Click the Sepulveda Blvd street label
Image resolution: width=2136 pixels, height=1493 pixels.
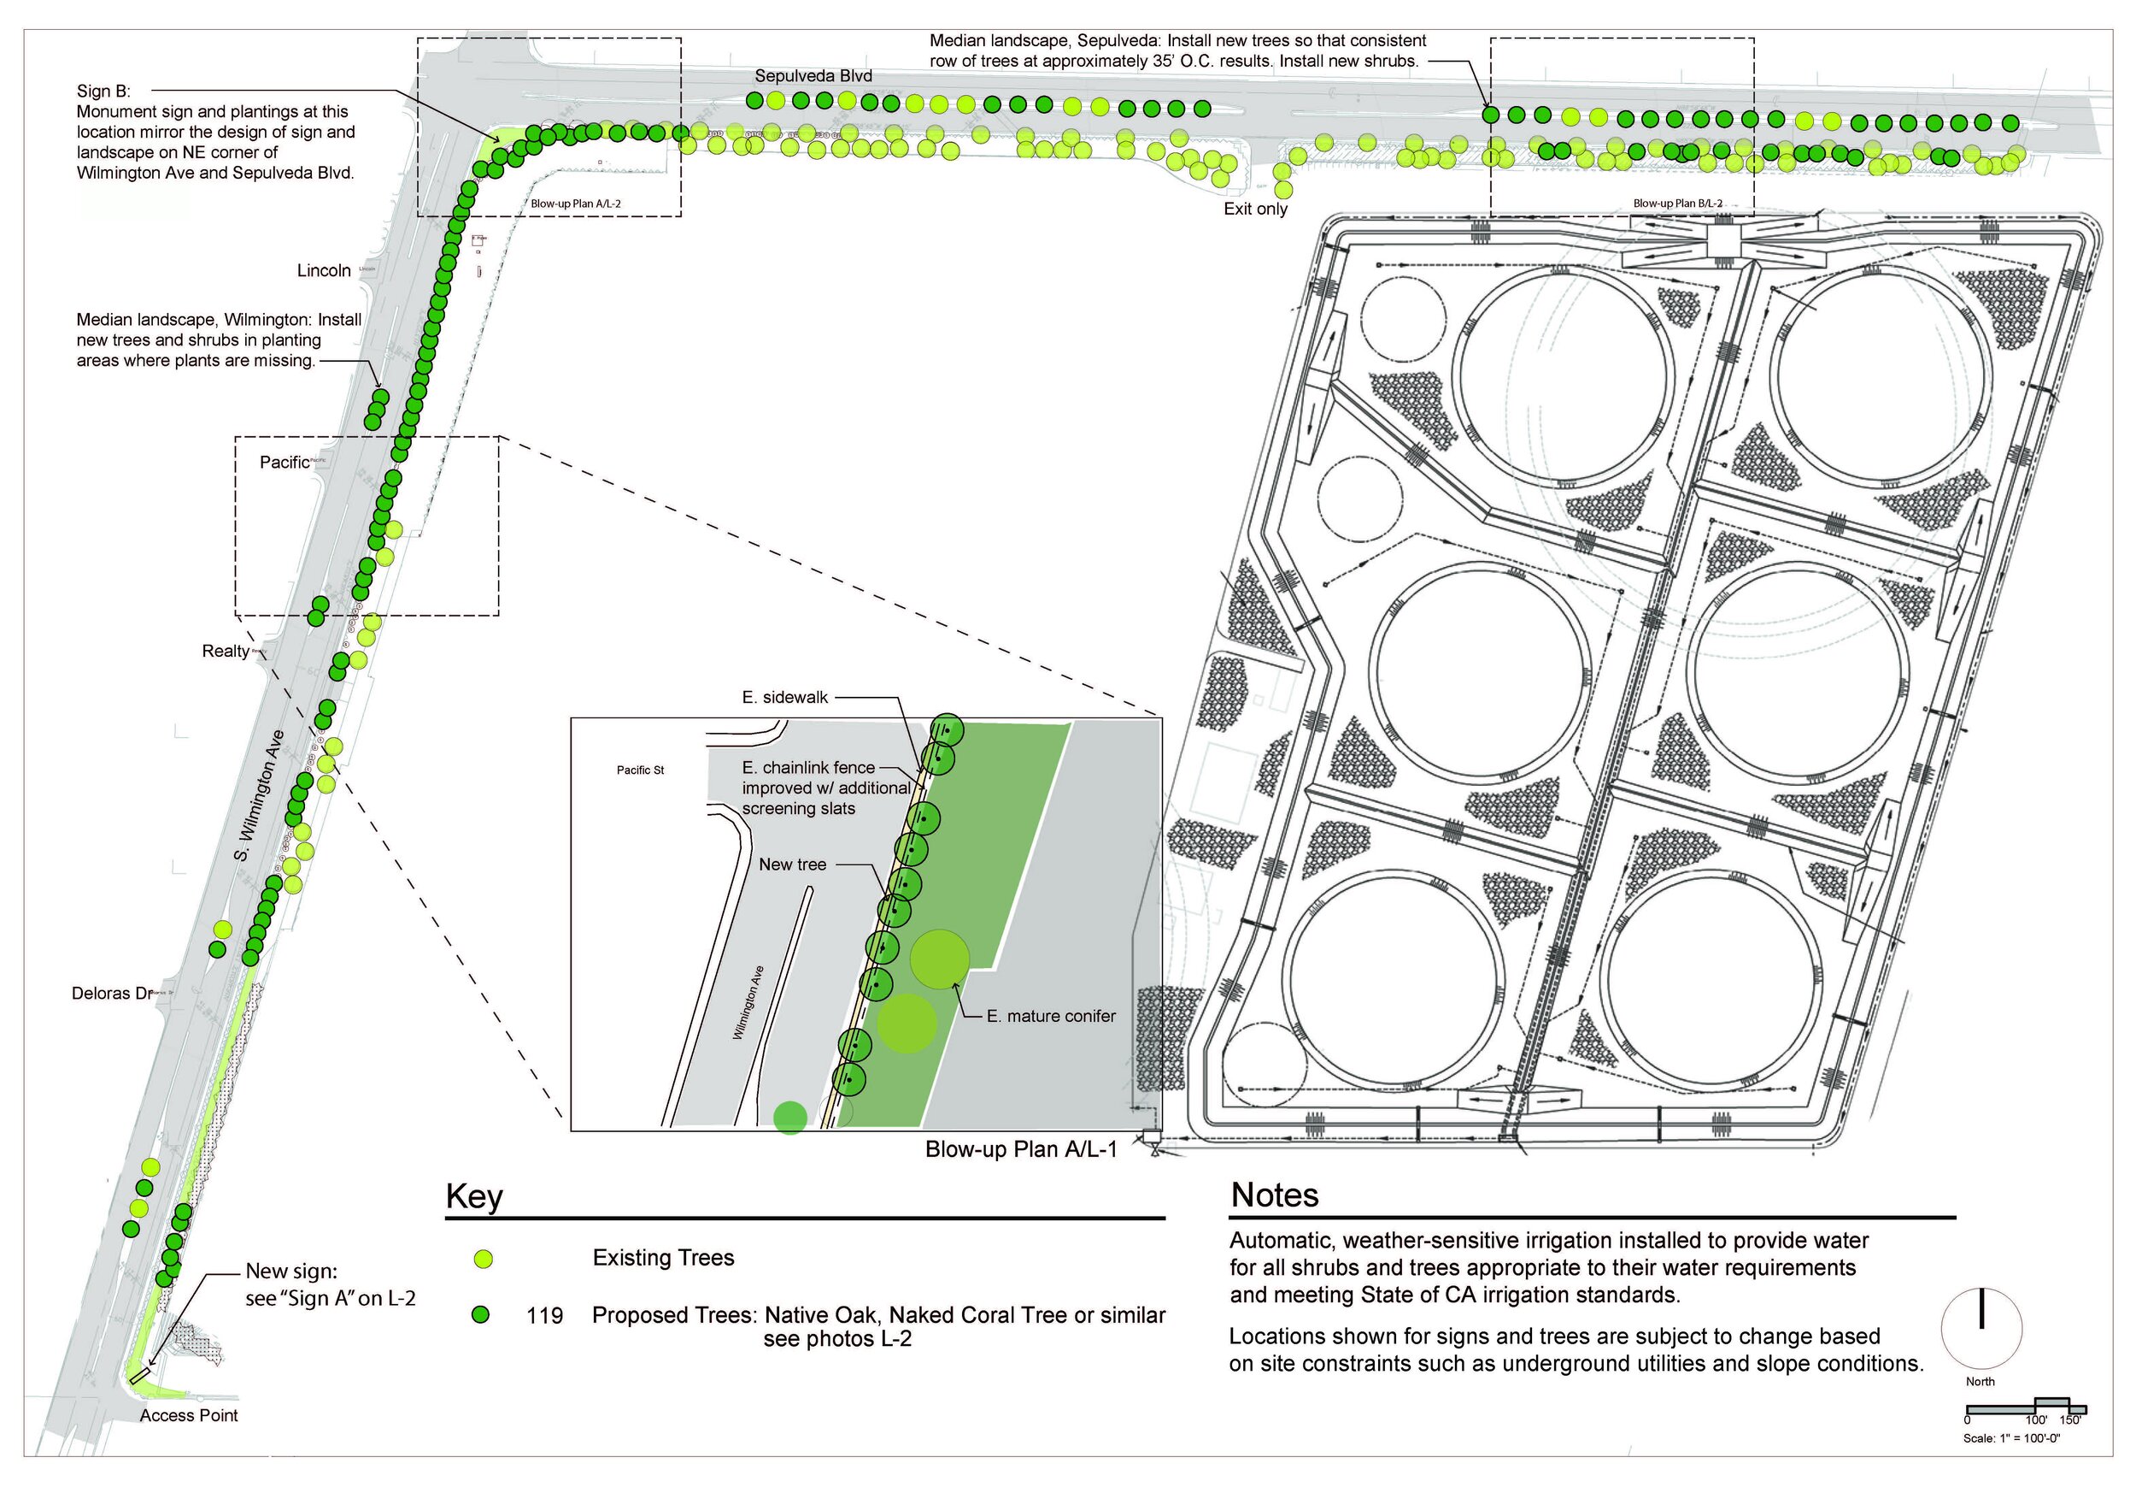click(x=813, y=76)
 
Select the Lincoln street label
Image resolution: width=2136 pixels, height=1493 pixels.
click(x=324, y=271)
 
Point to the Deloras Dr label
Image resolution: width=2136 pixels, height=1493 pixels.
click(x=112, y=993)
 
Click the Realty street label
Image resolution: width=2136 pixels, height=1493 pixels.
click(x=226, y=651)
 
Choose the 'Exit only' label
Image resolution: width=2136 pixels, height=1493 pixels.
click(x=1255, y=209)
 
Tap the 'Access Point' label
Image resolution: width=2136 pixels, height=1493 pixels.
click(x=189, y=1415)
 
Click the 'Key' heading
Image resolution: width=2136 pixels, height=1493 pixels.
click(x=474, y=1196)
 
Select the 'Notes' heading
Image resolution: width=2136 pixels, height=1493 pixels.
click(x=1275, y=1195)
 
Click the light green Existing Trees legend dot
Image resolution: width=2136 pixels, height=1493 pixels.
click(x=482, y=1260)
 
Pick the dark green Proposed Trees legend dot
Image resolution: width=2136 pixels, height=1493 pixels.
click(x=480, y=1314)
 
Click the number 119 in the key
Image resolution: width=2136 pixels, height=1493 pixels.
click(x=544, y=1315)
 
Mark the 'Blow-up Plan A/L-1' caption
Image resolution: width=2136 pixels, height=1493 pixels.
click(x=1020, y=1149)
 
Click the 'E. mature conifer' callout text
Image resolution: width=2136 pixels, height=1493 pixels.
click(x=1050, y=1017)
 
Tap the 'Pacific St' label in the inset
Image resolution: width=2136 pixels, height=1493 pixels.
click(x=640, y=770)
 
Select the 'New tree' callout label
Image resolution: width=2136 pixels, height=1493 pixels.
click(x=792, y=865)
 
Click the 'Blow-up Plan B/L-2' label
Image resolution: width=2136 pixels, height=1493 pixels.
click(x=1677, y=204)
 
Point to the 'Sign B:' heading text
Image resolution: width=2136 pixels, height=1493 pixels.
click(x=103, y=91)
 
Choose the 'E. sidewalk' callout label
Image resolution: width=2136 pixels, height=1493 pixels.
click(x=784, y=697)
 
